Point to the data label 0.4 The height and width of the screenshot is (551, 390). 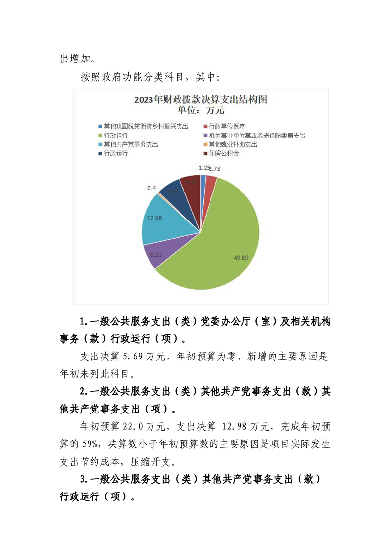[x=151, y=188]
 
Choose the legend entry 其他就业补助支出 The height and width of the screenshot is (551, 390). [x=233, y=144]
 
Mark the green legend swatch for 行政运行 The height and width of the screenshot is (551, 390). [x=100, y=135]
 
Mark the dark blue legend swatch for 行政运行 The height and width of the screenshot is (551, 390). [x=100, y=153]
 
